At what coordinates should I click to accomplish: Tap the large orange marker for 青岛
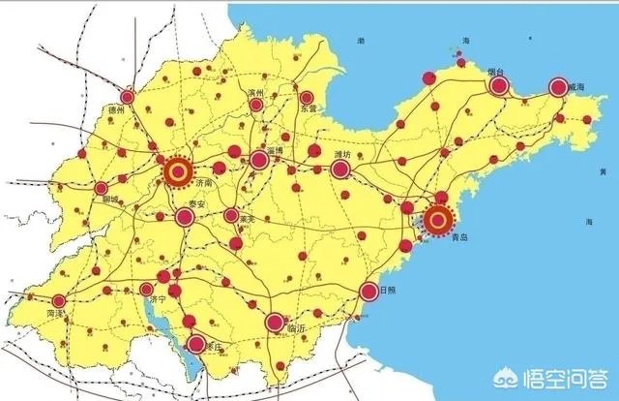coord(438,220)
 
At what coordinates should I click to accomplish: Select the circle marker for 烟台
coord(499,86)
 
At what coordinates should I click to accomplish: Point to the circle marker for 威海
coord(557,87)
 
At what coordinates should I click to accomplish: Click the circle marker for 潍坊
coord(339,170)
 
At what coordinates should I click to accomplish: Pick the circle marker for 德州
coord(129,96)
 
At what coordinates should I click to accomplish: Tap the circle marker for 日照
coord(368,291)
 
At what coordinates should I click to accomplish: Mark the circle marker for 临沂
coord(276,321)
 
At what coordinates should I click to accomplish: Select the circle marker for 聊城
coord(102,187)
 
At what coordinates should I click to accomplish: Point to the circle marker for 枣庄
coord(196,342)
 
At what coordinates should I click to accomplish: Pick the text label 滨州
coord(255,93)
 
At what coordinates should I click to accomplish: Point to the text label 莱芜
coord(248,220)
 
